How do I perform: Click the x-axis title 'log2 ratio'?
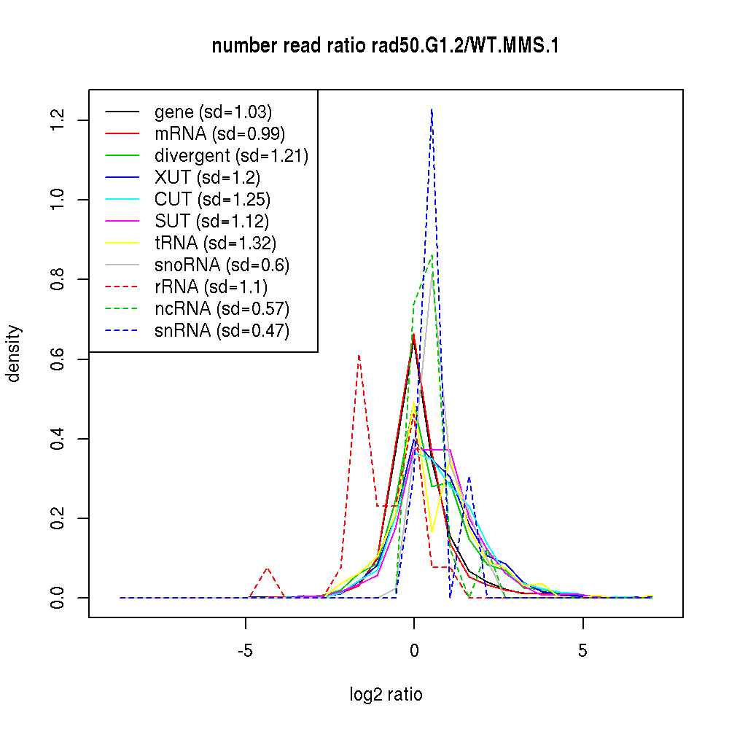coord(386,695)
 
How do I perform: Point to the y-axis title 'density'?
coord(14,354)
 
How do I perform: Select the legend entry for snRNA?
coord(222,331)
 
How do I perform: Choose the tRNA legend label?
coord(215,243)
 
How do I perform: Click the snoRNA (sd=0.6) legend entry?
coord(222,265)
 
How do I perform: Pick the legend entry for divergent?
coord(231,156)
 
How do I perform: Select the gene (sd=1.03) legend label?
coord(213,112)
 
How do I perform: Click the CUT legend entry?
coord(212,200)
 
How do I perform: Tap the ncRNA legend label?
coord(222,309)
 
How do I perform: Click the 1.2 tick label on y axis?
coord(58,120)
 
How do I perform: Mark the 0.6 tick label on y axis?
coord(58,359)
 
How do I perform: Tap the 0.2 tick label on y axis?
coord(58,518)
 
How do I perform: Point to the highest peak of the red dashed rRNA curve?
coord(359,356)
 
